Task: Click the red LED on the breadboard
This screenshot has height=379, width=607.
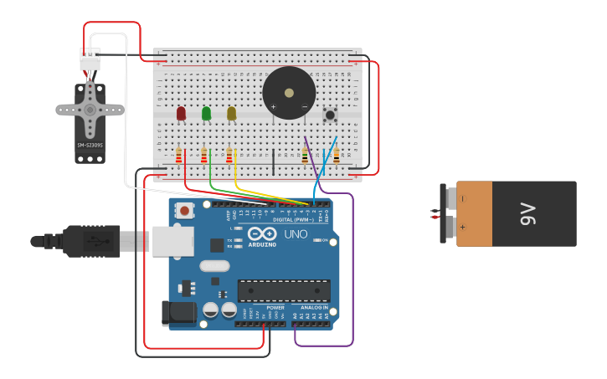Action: (181, 113)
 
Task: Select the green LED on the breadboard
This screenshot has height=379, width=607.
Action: (206, 113)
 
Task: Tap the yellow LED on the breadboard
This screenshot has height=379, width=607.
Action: (231, 113)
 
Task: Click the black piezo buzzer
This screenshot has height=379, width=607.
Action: (289, 93)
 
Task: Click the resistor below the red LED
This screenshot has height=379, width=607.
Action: (179, 155)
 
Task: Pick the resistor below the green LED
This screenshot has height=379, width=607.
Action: (204, 155)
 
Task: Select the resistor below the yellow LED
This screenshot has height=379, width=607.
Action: (229, 155)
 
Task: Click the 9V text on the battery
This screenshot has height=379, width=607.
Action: (527, 213)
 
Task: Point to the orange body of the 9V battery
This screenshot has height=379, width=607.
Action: (474, 213)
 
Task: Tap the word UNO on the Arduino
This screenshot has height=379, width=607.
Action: (296, 234)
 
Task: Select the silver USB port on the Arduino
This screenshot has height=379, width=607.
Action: (172, 241)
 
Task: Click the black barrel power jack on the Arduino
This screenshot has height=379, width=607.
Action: (178, 314)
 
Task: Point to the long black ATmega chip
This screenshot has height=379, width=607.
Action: (283, 290)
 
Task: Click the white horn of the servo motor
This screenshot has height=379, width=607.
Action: (90, 109)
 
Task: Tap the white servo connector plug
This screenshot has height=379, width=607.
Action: (90, 59)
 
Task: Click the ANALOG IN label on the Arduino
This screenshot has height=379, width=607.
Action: (316, 308)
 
